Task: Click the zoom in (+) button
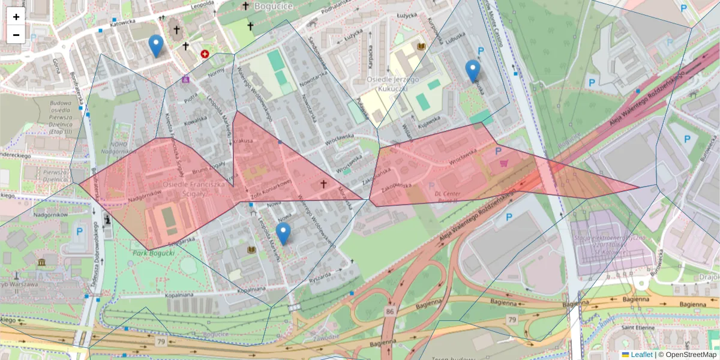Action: tap(16, 17)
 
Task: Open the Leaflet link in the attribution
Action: tap(641, 355)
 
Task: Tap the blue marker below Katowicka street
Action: tap(156, 46)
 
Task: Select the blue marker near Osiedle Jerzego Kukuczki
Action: tap(473, 71)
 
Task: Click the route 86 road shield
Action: tap(391, 311)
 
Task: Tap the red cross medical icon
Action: tap(205, 54)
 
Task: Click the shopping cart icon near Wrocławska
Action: tap(503, 163)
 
